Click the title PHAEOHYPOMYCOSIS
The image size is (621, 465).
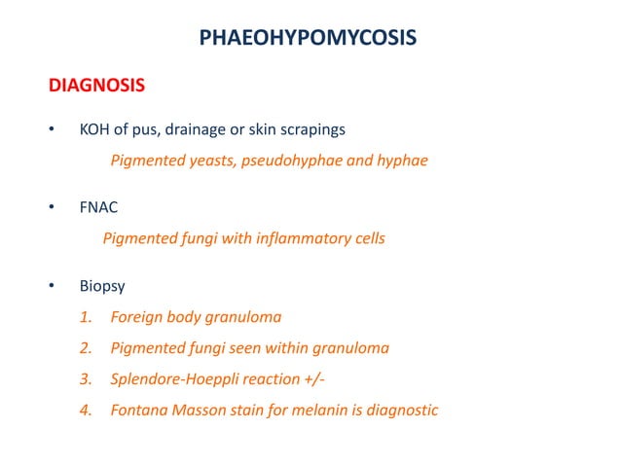(309, 38)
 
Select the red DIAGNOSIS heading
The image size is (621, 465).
(97, 86)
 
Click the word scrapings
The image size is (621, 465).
(313, 129)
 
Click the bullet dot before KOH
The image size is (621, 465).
(52, 130)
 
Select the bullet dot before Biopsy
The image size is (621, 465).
(52, 288)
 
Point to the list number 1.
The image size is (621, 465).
(85, 317)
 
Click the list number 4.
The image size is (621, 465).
(85, 411)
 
